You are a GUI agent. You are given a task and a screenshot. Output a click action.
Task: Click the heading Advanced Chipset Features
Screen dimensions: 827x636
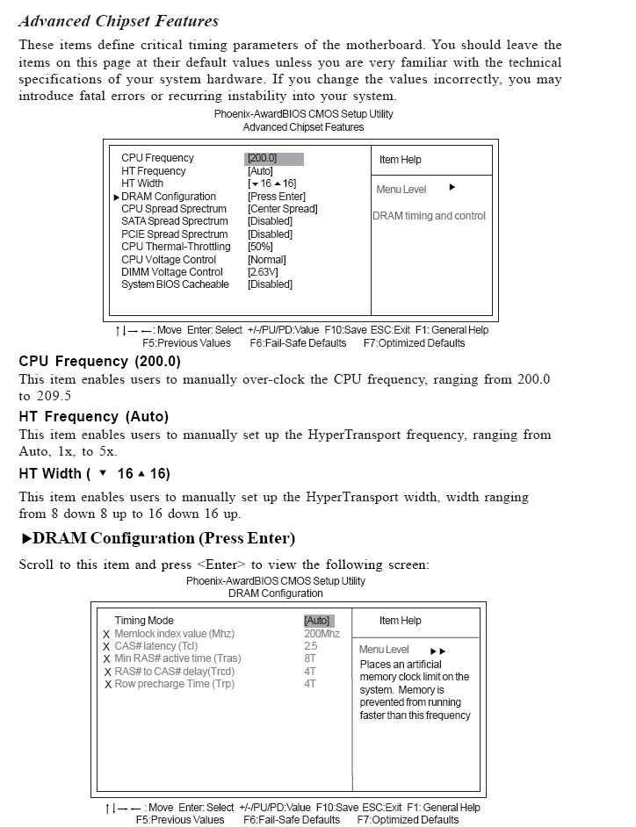click(119, 21)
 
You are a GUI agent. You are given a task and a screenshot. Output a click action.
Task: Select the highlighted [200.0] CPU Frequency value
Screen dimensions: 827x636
click(263, 158)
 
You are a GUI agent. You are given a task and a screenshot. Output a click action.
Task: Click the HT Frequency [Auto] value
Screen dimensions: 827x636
click(260, 171)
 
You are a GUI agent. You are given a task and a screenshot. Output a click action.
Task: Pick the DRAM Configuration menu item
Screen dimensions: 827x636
click(168, 197)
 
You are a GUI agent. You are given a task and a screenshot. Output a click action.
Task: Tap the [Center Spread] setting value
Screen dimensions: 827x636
click(282, 209)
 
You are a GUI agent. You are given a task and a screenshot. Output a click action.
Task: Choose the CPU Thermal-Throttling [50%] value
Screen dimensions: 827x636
click(260, 247)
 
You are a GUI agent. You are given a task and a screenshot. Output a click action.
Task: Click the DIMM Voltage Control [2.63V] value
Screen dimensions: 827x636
click(263, 272)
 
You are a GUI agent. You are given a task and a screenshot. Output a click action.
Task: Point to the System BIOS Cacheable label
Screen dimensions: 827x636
click(175, 284)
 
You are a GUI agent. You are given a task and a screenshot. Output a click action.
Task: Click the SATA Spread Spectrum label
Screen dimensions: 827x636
click(174, 221)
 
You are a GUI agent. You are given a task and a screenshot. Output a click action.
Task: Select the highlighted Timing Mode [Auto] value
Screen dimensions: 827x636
click(317, 621)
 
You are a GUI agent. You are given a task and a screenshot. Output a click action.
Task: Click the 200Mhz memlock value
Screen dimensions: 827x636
click(322, 634)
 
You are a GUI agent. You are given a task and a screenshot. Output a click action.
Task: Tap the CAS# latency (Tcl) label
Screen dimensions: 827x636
click(155, 646)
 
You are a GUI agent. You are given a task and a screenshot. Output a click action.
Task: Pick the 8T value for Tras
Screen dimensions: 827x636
click(310, 658)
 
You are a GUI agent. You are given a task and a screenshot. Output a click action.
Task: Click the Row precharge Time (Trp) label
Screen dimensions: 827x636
click(174, 684)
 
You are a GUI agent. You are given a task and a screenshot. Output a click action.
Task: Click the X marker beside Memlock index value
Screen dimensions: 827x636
click(106, 635)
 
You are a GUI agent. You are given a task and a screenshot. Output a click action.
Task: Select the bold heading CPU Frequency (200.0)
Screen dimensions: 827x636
click(99, 362)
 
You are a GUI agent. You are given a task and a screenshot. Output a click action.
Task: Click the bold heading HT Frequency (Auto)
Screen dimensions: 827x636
click(93, 417)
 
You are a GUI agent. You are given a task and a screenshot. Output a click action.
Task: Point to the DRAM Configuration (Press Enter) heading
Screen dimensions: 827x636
click(157, 538)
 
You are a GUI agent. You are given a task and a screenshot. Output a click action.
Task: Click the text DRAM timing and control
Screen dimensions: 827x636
click(429, 216)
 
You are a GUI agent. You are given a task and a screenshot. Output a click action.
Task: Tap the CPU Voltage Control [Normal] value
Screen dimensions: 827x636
click(267, 260)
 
